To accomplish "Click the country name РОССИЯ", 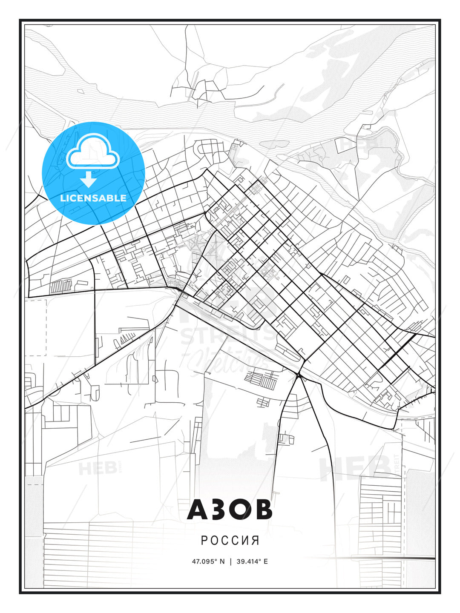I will coord(230,540).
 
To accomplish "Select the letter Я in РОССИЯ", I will coord(256,540).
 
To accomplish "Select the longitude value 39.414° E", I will coord(252,561).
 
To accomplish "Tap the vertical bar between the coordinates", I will coord(230,561).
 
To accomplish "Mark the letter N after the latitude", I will coord(221,561).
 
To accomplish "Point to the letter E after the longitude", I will coord(266,561).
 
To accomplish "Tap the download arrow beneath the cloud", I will coord(89,179).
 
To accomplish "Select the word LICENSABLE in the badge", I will coord(93,198).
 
